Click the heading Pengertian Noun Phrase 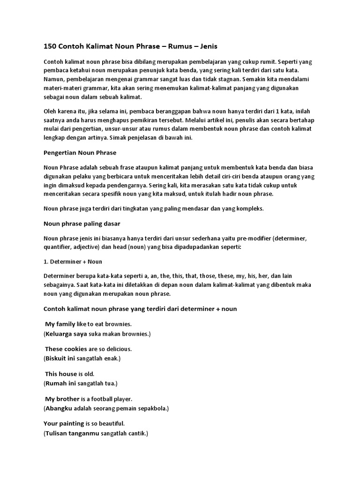tap(80, 153)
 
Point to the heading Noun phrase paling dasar tap(82, 224)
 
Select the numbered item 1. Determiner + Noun tap(73, 261)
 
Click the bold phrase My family tap(60, 324)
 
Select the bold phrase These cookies tap(66, 349)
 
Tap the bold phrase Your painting tap(64, 423)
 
